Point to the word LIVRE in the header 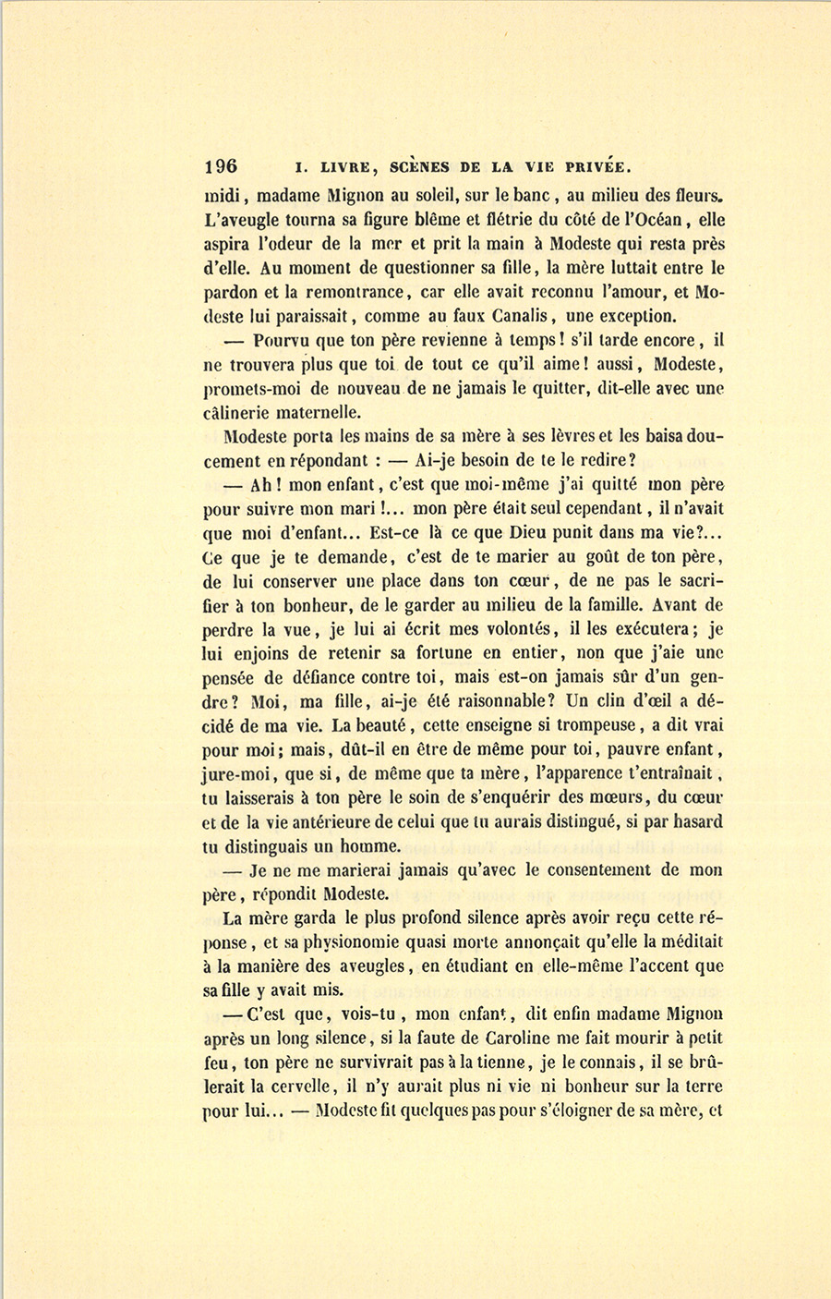(x=344, y=168)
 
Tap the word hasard (x=696, y=821)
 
